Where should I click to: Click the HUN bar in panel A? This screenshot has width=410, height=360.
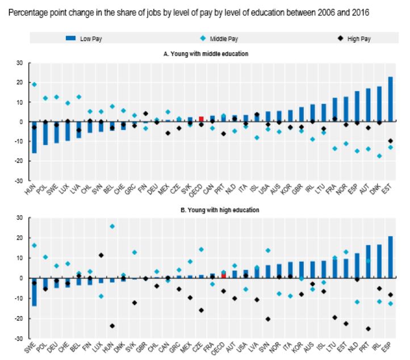coord(35,137)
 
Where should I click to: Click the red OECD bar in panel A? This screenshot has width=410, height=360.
coord(201,119)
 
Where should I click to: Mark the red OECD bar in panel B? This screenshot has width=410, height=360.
coord(223,275)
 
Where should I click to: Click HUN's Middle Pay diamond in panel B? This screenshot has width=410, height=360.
coord(112,226)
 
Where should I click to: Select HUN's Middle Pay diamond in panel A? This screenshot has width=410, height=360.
coord(35,85)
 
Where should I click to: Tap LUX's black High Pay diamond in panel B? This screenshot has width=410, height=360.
coord(101,255)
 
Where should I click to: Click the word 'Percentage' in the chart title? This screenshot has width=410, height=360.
coord(33,9)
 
